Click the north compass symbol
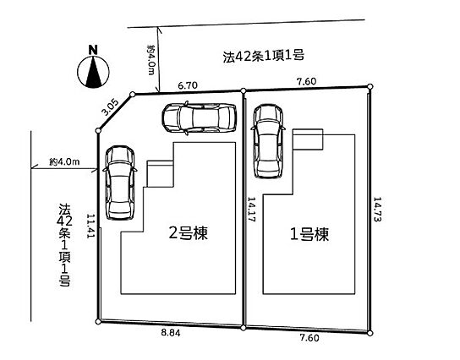(93, 72)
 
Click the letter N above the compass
(93, 50)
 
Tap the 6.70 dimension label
(188, 85)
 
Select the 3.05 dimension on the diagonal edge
(110, 107)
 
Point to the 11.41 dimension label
(91, 226)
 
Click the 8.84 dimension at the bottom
(171, 333)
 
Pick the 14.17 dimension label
(252, 209)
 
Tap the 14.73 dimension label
(377, 209)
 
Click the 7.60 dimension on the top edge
(307, 81)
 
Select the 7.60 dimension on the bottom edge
(309, 338)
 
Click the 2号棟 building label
(189, 233)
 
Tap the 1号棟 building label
(309, 234)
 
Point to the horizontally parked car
(200, 117)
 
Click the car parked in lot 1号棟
(268, 141)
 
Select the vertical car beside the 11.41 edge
(120, 183)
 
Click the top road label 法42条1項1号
(263, 56)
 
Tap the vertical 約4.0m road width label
(151, 60)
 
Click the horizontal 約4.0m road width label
(64, 161)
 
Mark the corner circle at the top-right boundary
(370, 86)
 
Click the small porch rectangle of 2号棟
(161, 173)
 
